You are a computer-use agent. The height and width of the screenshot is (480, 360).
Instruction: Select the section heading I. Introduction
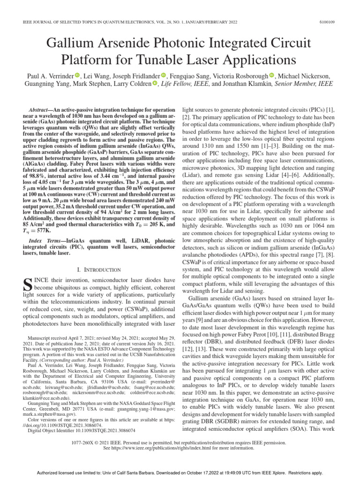pyautogui.click(x=95, y=270)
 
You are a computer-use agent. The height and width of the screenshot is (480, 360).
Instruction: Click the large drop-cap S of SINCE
pyautogui.click(x=27, y=284)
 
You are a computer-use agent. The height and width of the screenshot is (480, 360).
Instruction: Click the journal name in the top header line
pyautogui.click(x=89, y=22)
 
